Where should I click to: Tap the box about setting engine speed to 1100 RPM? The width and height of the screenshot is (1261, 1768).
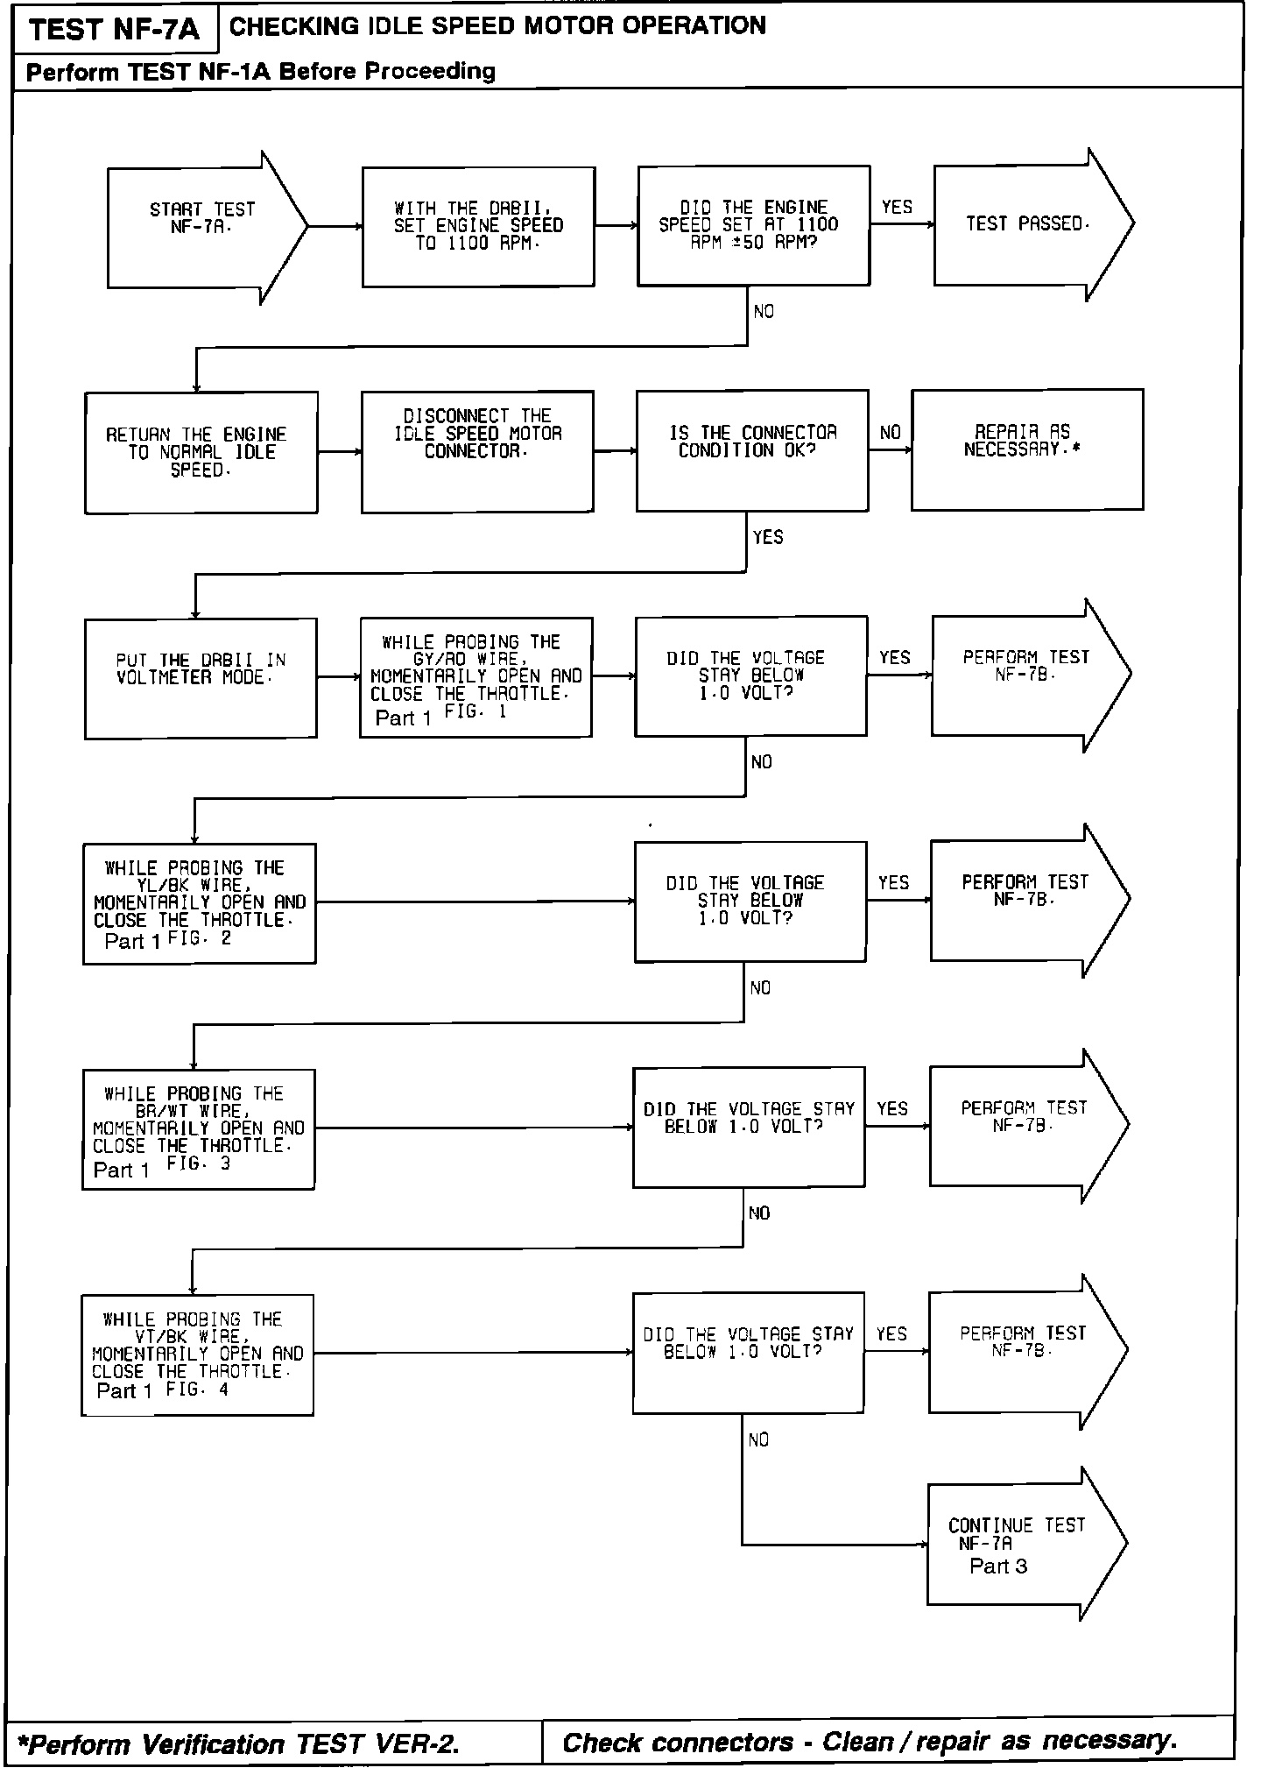(x=478, y=227)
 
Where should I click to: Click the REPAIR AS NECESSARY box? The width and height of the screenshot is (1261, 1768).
(x=1026, y=449)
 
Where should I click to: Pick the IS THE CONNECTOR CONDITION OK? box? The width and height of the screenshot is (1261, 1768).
(x=752, y=450)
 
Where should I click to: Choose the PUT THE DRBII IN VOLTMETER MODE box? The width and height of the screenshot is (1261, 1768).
(x=201, y=678)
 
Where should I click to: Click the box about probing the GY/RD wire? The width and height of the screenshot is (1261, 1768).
(x=476, y=677)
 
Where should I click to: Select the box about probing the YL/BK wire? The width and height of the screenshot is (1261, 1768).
(x=200, y=903)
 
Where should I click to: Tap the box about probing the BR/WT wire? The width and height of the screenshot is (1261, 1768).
(x=199, y=1128)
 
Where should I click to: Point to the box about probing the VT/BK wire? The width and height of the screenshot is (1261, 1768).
(x=198, y=1354)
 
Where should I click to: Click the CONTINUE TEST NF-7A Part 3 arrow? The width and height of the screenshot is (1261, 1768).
(x=1016, y=1545)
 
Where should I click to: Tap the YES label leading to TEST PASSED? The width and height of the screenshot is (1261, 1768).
(x=897, y=208)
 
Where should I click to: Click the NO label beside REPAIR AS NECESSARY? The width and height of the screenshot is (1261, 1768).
(x=890, y=433)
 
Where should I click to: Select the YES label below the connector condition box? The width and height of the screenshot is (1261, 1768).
(x=768, y=537)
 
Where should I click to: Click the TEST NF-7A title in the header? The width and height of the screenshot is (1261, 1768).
(x=114, y=31)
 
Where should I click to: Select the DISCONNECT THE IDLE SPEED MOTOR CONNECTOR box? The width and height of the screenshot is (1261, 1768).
(x=477, y=450)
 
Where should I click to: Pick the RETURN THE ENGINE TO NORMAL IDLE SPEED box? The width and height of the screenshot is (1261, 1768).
(x=201, y=452)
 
